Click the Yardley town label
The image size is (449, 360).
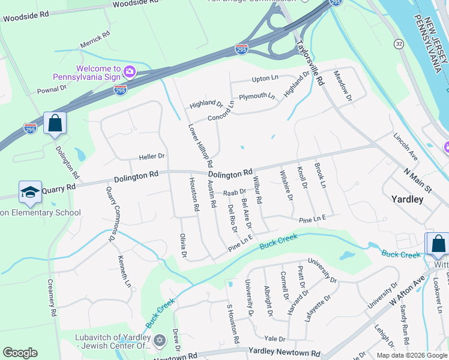click(407, 199)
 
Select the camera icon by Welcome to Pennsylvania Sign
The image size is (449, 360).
click(129, 73)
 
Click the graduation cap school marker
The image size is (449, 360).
click(30, 192)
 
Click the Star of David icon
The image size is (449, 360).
click(159, 341)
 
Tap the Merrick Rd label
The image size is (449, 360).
click(95, 40)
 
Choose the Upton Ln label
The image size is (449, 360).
click(265, 78)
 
